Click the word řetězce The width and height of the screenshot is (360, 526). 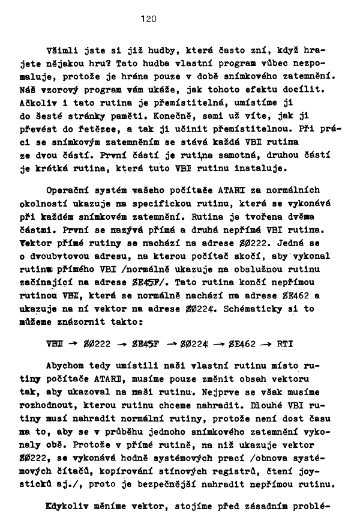pyautogui.click(x=100, y=129)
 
